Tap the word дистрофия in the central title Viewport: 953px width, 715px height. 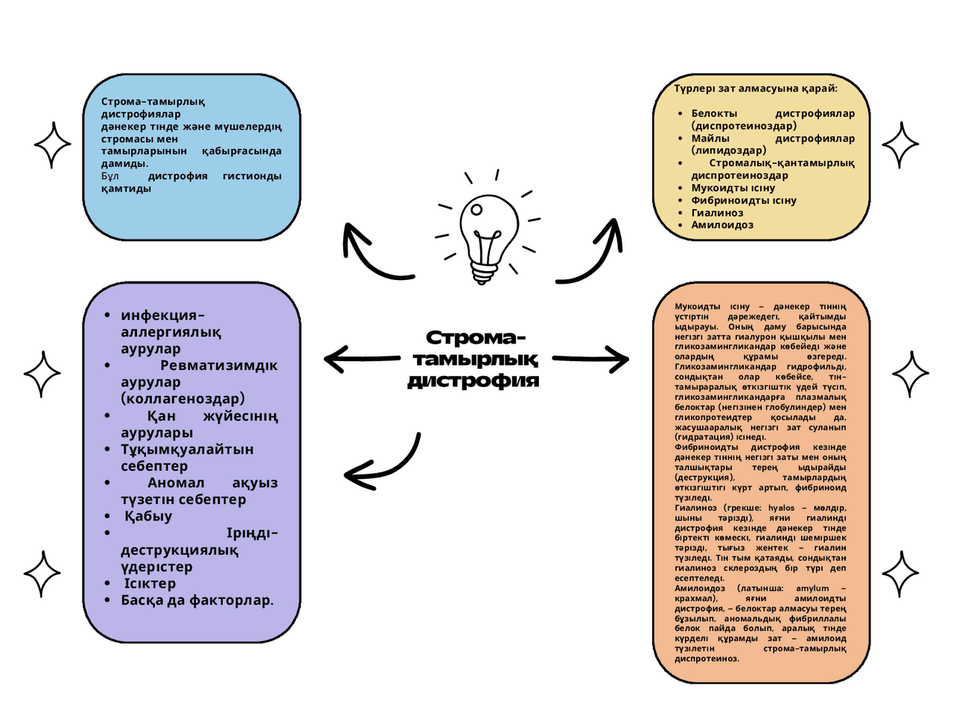coord(474,381)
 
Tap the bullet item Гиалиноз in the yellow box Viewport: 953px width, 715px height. coord(717,213)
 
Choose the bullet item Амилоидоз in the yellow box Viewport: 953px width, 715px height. coord(722,225)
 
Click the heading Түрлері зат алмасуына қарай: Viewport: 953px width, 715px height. coord(756,89)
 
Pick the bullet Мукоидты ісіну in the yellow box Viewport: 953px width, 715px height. coord(733,188)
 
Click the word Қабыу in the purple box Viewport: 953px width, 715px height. coord(148,516)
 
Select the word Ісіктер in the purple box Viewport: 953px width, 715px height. coord(150,584)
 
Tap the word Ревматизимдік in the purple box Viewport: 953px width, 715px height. coord(219,366)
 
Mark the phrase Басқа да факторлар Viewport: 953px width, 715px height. coord(197,600)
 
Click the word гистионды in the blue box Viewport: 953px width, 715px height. coord(252,177)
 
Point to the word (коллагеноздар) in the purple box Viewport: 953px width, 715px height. coord(183,398)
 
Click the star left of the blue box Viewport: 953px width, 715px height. coord(54,144)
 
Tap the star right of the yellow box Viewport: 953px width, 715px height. coord(900,144)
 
